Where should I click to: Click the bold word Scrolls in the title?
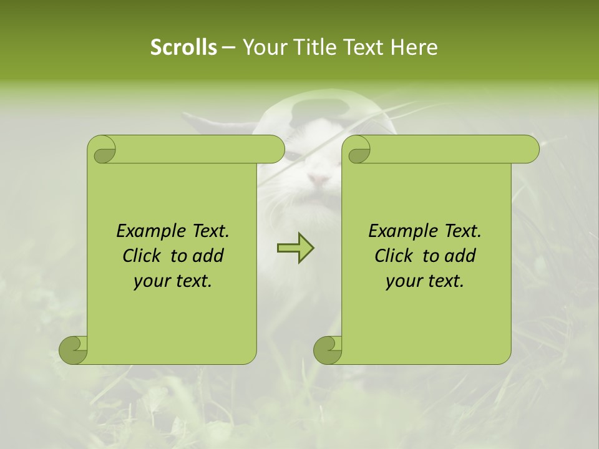click(x=184, y=47)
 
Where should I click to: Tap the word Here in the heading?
click(x=414, y=47)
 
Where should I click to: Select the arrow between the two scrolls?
click(x=295, y=248)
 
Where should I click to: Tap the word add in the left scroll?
click(x=208, y=256)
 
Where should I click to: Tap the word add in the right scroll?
click(x=460, y=256)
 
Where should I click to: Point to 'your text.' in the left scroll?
click(x=173, y=281)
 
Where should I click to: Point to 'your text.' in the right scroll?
click(x=425, y=281)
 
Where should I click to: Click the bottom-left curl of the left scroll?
click(x=73, y=350)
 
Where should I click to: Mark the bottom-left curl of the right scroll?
click(x=328, y=350)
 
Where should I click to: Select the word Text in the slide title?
click(x=364, y=47)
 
